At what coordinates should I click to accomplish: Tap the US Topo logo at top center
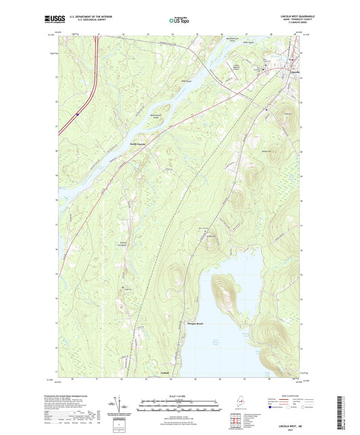pos(179,21)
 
